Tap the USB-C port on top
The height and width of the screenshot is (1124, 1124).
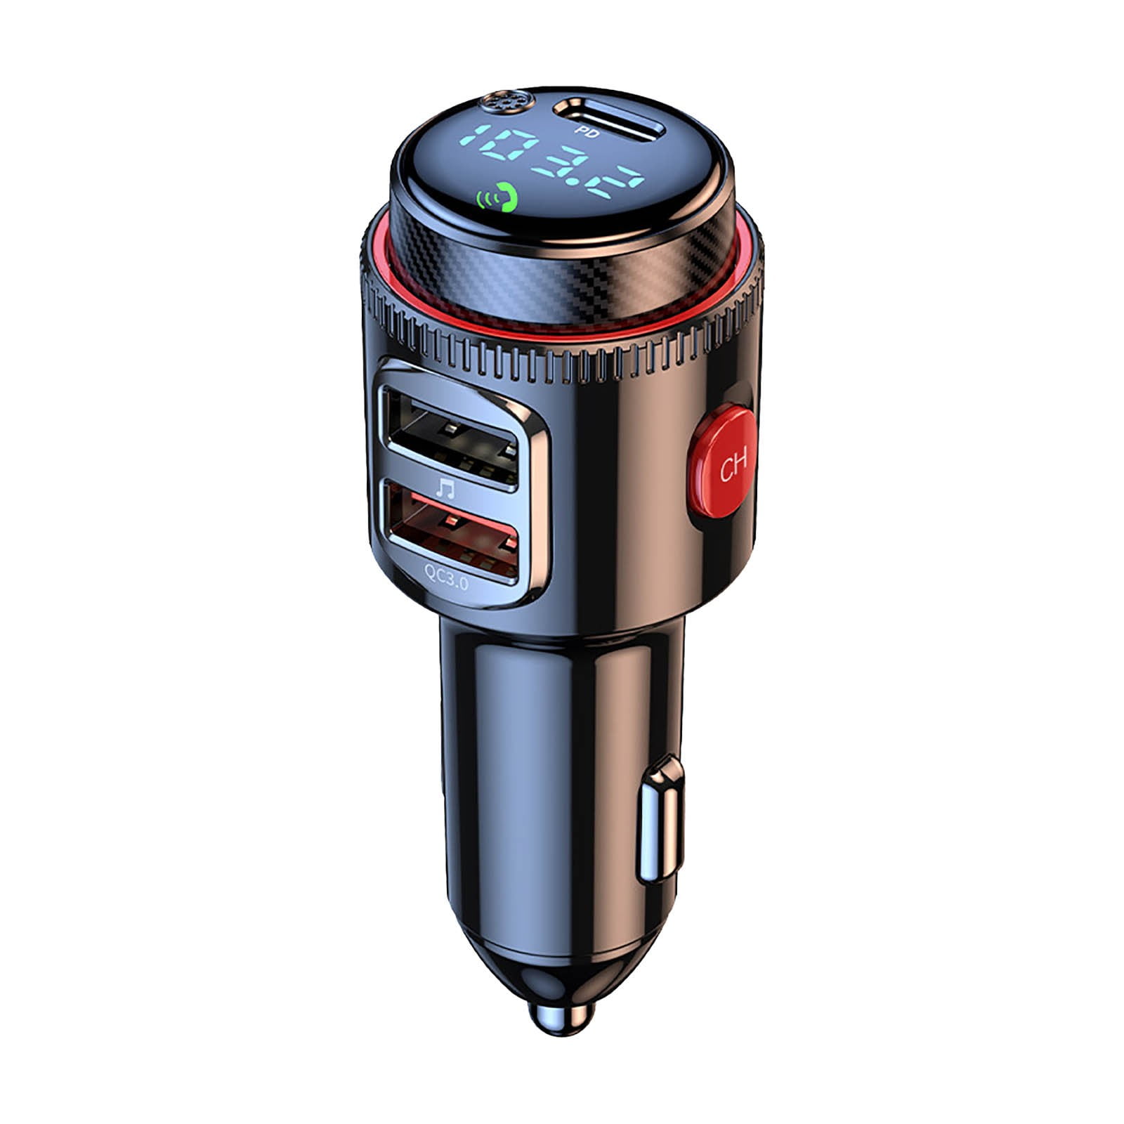[x=608, y=118]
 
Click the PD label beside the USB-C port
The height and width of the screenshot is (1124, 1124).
[x=584, y=131]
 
